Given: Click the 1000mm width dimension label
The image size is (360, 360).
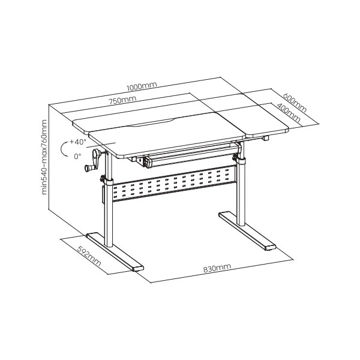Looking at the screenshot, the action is (142, 86).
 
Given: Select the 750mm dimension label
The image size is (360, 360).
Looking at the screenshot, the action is (122, 100).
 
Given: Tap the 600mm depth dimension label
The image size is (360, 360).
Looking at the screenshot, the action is (295, 103).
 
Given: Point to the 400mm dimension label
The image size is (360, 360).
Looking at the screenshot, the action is (289, 113).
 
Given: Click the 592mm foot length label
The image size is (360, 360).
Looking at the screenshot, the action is (89, 256).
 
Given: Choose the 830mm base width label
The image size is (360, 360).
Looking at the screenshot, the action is (217, 268).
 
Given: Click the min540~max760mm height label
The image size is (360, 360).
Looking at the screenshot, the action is (44, 157).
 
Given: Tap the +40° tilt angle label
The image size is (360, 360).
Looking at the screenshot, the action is (78, 142).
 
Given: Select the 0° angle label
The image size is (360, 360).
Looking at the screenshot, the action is (77, 157).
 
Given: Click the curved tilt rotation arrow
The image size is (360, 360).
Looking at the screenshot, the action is (61, 149).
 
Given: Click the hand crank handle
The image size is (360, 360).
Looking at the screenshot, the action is (94, 160).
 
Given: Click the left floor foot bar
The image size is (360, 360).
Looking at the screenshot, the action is (115, 252).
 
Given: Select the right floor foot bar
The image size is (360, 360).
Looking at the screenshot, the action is (247, 231).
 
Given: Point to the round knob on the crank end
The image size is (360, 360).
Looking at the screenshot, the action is (88, 168).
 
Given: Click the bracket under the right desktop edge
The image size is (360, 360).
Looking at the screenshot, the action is (266, 138).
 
